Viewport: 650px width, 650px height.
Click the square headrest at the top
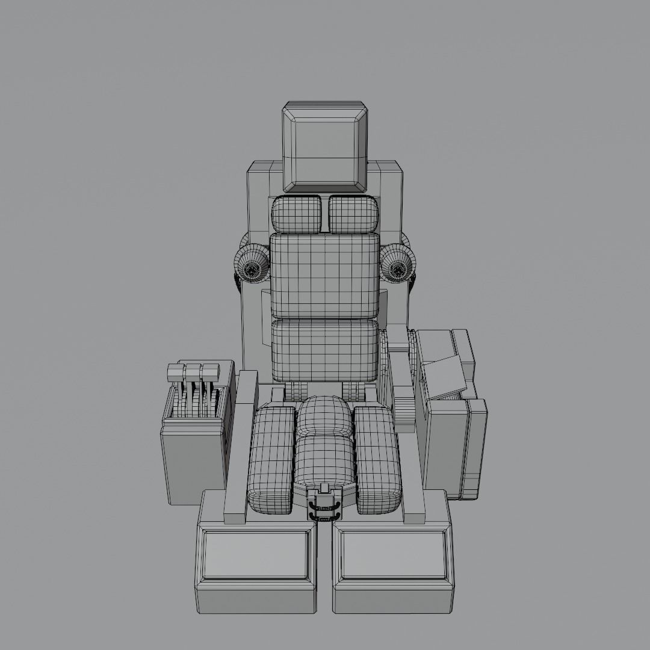coord(325,148)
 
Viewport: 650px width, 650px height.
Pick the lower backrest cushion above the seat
coord(325,350)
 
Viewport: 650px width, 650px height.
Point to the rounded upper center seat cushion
coord(325,416)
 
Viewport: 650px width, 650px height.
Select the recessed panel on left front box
coord(256,555)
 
